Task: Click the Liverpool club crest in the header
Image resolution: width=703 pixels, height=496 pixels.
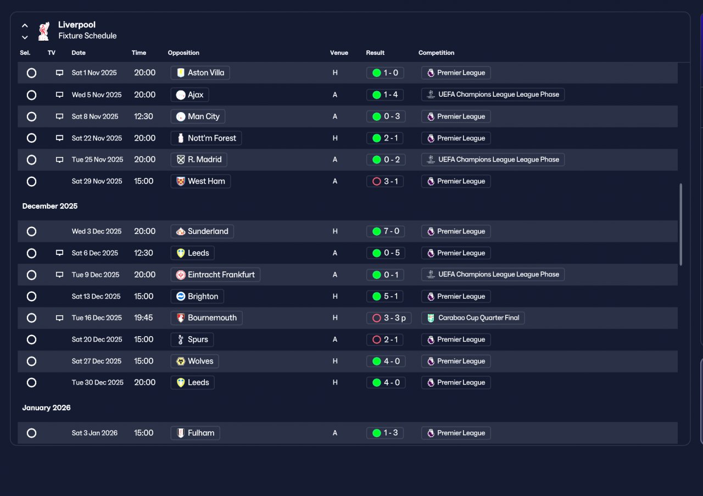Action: [43, 31]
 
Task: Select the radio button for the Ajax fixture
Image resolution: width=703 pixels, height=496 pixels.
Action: [31, 95]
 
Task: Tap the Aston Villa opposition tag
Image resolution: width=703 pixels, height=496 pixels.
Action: [200, 73]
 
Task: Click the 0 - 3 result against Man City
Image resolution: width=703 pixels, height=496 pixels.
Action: [386, 116]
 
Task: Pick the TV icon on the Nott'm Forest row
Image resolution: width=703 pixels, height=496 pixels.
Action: [59, 138]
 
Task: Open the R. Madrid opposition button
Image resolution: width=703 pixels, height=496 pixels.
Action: [199, 159]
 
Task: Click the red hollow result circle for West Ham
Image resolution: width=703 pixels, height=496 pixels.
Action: [377, 181]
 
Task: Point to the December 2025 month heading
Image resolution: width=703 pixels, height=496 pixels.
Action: [50, 206]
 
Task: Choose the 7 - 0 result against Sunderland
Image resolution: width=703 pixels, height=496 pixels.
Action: [386, 231]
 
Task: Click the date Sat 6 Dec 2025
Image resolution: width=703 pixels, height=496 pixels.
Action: [95, 253]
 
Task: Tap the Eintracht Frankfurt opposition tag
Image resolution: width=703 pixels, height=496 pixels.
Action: [215, 275]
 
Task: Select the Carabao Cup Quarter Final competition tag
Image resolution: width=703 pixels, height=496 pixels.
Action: [473, 317]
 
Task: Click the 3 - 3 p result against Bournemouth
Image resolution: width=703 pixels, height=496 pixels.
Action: [389, 318]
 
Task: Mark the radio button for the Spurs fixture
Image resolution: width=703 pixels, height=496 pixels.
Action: [31, 339]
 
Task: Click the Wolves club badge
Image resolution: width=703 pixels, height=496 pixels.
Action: [181, 361]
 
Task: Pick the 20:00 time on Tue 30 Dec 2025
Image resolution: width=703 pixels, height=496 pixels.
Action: [144, 382]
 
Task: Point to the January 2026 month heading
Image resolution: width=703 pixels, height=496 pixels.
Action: [47, 408]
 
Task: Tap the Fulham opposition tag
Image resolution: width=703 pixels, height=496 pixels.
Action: [195, 433]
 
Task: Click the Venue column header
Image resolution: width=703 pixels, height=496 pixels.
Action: [339, 53]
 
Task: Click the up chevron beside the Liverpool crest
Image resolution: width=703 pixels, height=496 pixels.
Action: [25, 25]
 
